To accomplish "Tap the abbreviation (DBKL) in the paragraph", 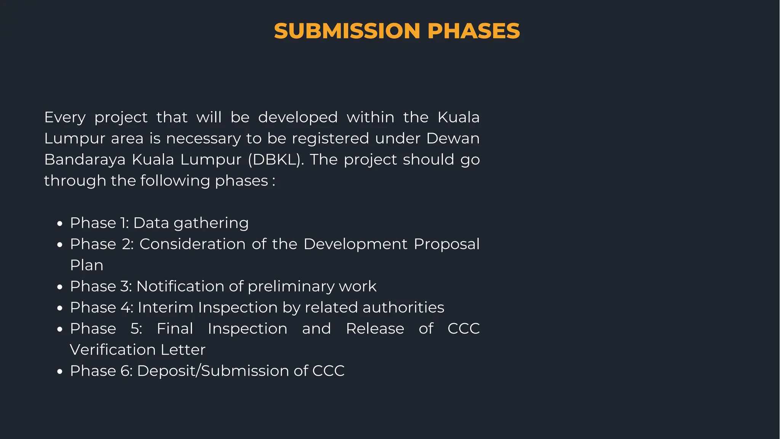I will pos(276,159).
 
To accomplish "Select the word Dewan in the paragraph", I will pos(453,138).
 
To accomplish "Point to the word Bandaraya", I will pos(85,159).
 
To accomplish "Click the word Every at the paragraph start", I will pos(65,117).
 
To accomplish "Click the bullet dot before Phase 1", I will pos(59,224).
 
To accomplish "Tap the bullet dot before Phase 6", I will pos(59,372).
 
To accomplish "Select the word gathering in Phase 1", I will pos(211,223).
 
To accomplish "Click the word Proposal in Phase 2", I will pos(446,244).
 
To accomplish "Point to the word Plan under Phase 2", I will pos(86,265).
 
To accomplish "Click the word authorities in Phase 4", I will pos(403,308).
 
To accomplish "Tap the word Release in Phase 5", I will pos(375,328).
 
